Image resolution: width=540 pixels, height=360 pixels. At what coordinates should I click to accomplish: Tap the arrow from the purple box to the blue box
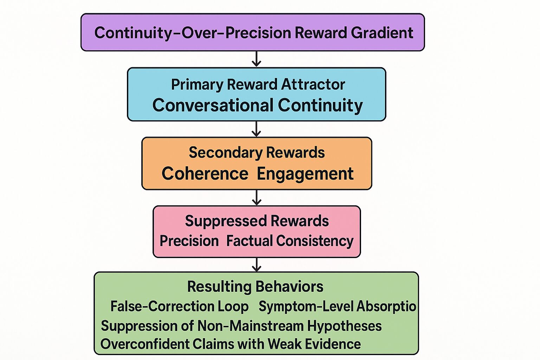257,59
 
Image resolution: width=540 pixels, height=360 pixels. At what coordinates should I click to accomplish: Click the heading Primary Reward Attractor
258,84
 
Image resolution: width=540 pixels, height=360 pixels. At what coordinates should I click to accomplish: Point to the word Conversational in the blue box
213,105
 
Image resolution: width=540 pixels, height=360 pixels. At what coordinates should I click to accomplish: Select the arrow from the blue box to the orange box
257,129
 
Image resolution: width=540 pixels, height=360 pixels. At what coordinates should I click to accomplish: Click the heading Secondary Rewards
257,153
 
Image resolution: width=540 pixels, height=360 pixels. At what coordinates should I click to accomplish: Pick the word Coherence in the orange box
205,174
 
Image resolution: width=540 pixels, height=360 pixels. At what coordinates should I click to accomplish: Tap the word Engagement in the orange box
305,174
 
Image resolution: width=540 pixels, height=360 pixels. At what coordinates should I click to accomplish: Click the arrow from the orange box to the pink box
257,198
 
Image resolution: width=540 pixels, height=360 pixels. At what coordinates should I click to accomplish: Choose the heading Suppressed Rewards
257,221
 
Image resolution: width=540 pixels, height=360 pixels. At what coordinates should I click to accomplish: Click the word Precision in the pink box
189,241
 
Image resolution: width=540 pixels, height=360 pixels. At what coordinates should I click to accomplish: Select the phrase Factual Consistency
290,241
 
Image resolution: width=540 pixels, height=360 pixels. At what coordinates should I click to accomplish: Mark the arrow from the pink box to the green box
257,265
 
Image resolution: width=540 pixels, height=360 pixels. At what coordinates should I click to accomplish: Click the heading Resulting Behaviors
255,287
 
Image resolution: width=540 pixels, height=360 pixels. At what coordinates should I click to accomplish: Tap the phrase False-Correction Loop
179,307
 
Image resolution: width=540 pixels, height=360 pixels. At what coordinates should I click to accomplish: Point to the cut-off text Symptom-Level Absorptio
337,307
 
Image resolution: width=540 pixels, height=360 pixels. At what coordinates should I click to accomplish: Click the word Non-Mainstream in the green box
250,326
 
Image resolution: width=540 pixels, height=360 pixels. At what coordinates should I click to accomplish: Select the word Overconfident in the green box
145,344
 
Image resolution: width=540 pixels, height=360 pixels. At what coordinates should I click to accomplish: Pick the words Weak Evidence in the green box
314,344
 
